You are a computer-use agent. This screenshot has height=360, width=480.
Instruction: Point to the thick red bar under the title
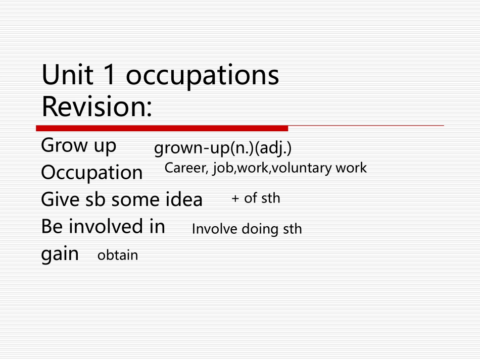162,128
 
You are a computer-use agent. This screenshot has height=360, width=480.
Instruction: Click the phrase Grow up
78,146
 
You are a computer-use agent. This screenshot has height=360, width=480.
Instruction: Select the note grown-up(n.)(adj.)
223,148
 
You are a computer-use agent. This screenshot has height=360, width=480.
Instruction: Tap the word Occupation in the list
91,173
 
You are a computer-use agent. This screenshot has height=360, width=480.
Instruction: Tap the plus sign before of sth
235,199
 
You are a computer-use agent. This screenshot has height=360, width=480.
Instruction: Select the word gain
60,254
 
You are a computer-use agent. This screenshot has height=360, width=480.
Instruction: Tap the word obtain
117,255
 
